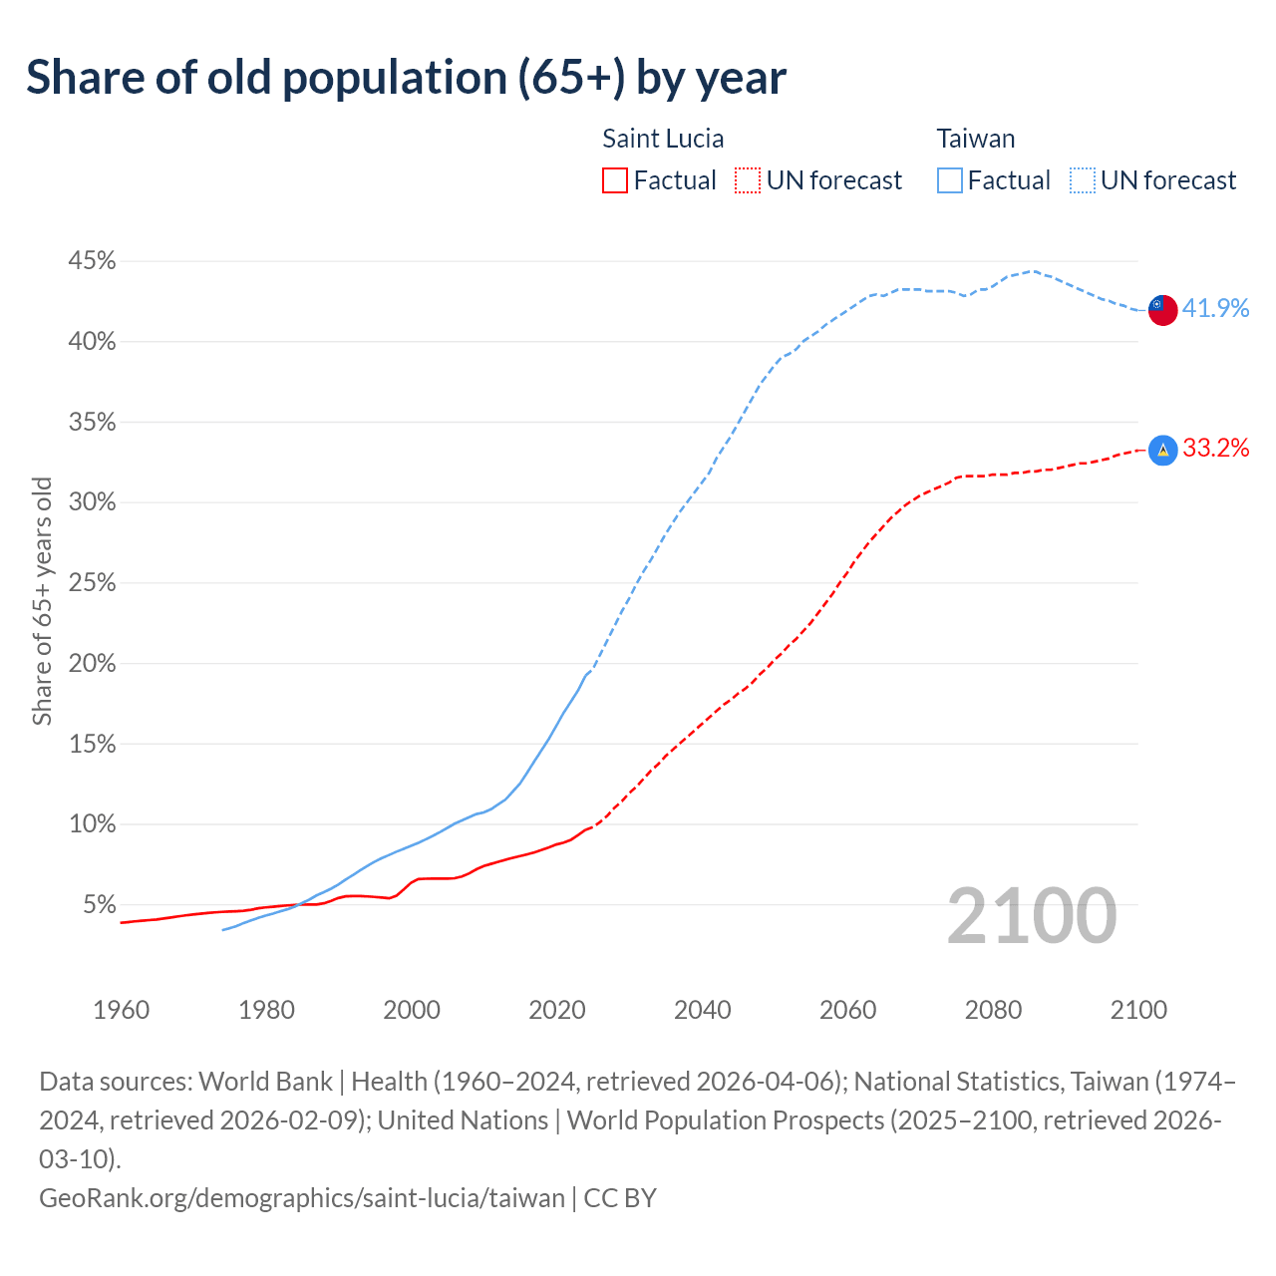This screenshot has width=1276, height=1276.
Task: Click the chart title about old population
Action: [406, 78]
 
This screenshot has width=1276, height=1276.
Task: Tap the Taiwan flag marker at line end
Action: [1162, 310]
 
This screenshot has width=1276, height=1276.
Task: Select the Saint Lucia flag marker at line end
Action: [1162, 450]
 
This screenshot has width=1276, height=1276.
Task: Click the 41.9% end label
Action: [1215, 309]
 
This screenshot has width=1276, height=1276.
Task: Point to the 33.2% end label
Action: [1215, 449]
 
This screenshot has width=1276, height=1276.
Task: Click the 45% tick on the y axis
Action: [92, 261]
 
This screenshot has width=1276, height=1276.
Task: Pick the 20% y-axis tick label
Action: [92, 664]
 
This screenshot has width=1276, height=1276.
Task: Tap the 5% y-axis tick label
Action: [99, 905]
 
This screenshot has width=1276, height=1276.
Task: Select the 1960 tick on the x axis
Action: [121, 1010]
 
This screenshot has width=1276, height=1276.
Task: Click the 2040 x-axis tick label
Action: [703, 1010]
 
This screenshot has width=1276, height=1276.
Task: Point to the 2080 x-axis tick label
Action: [993, 1010]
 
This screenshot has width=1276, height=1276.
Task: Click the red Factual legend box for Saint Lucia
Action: [615, 180]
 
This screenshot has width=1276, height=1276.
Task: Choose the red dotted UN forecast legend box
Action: [748, 180]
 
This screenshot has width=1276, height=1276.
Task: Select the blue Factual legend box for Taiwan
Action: [950, 180]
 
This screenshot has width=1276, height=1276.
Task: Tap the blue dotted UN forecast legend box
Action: [1082, 180]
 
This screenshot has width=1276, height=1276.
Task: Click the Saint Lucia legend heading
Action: [663, 139]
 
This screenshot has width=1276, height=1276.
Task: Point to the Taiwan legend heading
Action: [976, 139]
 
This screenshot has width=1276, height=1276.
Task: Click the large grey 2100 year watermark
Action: [1031, 916]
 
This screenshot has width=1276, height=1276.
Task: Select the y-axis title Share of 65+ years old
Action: [42, 601]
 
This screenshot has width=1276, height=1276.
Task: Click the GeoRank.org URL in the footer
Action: [302, 1197]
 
